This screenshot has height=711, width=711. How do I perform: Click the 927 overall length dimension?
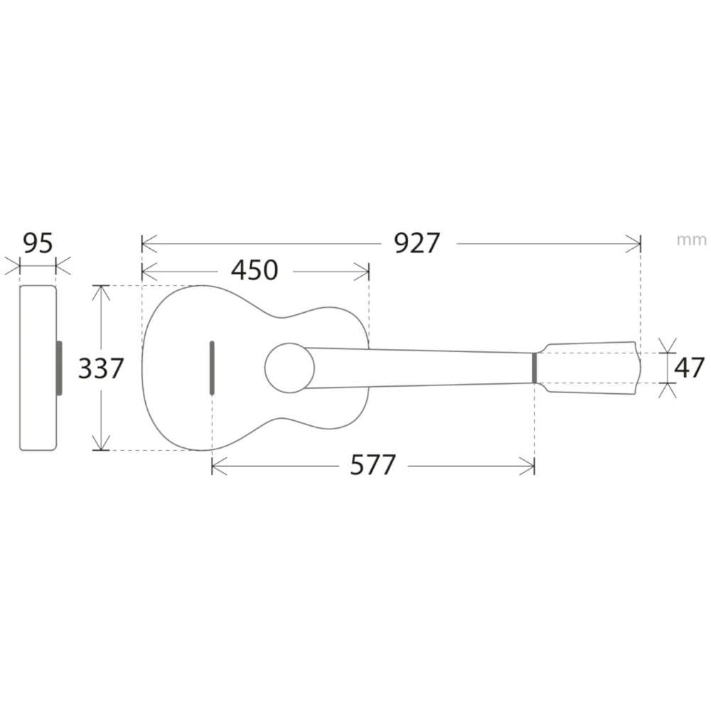coord(417,243)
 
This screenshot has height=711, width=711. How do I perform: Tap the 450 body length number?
coord(255,270)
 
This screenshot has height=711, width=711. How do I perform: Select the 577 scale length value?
coord(373,465)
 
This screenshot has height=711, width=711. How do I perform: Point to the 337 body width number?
coord(101,368)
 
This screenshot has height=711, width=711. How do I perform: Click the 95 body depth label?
coord(38,243)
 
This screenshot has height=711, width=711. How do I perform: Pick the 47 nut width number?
coord(689,368)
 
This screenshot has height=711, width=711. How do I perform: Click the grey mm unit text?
coord(691,240)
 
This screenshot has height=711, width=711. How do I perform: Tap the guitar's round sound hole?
coord(290,368)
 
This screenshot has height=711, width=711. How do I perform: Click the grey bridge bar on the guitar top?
coord(212,368)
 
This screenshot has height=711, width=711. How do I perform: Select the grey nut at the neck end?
coord(535,368)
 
